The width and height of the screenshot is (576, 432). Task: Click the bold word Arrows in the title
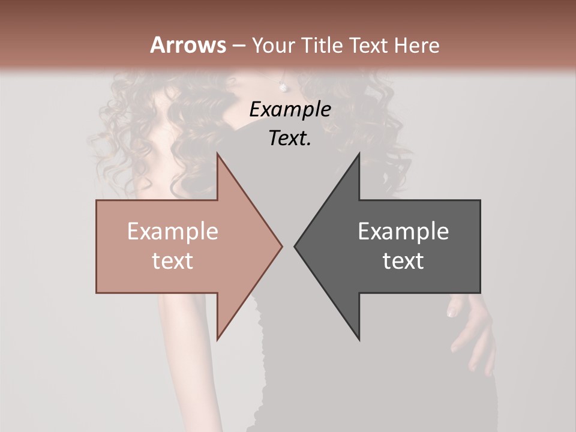188,45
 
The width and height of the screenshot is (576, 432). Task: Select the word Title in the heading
323,45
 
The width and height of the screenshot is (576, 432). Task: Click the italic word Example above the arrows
290,110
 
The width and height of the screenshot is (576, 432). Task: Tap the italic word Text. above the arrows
290,139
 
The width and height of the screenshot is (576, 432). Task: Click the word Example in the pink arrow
173,232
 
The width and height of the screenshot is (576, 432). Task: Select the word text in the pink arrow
173,261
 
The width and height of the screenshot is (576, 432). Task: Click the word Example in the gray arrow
403,232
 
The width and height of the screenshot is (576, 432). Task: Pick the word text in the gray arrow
403,261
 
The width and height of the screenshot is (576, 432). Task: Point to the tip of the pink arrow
281,246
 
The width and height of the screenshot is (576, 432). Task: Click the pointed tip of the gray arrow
295,246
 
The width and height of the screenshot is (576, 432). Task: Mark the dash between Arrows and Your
239,46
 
